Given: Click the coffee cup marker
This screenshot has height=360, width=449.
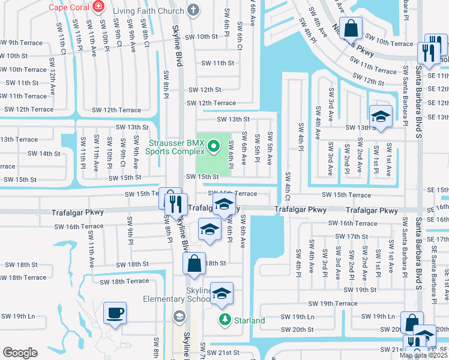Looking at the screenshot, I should [x=115, y=313].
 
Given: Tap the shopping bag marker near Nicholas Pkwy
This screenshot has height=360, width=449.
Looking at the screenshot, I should [x=352, y=27].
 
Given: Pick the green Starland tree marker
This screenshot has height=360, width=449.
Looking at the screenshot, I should [x=224, y=320].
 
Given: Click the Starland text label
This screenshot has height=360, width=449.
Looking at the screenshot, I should [x=249, y=320].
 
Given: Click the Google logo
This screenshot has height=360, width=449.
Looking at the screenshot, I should [x=19, y=353].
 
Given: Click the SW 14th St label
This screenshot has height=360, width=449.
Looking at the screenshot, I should [x=44, y=154].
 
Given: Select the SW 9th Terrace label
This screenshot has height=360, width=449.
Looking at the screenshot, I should [x=21, y=43].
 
